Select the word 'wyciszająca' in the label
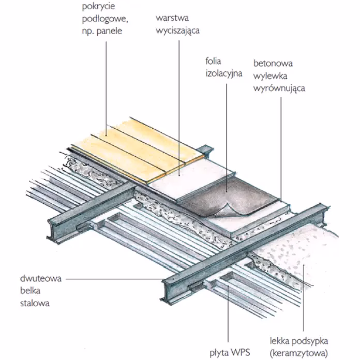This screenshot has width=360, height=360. click(x=177, y=31)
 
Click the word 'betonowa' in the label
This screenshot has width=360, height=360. click(x=273, y=64)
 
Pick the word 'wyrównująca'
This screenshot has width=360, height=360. click(x=279, y=88)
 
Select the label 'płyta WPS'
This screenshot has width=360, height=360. click(x=230, y=353)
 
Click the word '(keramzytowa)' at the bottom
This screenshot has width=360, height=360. click(x=299, y=353)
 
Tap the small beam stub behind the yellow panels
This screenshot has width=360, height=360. click(x=206, y=149)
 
